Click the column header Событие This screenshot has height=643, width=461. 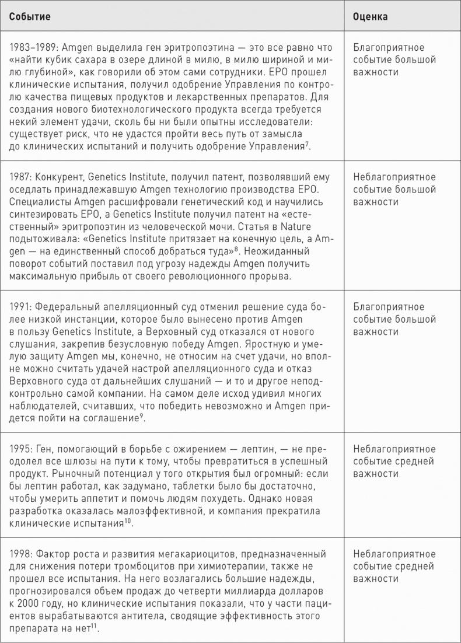click(29, 17)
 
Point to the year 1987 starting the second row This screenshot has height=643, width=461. click(19, 177)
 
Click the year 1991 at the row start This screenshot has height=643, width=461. click(19, 307)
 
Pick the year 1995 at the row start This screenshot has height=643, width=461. click(19, 449)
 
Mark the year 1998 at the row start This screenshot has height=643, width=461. click(19, 553)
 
